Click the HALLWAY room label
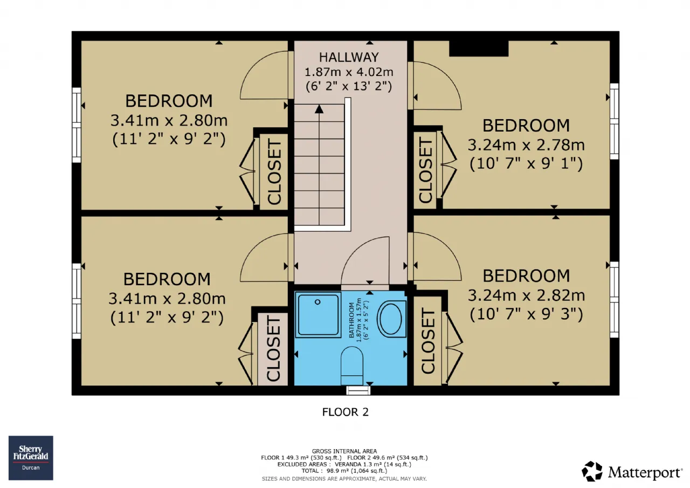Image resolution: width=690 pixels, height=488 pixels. [349, 57]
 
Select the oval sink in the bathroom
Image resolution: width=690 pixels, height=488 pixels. [391, 319]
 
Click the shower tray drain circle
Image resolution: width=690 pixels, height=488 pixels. [318, 302]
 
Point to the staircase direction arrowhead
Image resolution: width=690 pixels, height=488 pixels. [319, 109]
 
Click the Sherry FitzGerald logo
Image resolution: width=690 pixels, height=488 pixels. [31, 458]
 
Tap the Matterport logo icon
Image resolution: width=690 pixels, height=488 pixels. [592, 471]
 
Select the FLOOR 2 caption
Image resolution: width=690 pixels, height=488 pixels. [346, 412]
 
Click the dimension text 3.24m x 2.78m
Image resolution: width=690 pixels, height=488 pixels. [526, 145]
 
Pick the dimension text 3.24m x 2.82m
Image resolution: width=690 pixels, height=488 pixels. [526, 295]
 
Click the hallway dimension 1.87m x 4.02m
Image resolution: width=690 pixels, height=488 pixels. [349, 72]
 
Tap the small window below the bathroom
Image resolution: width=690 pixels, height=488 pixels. [358, 390]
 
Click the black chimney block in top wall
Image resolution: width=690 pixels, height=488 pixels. [479, 49]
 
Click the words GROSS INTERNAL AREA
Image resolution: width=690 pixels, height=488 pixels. [344, 451]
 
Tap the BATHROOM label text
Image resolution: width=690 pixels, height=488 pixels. [351, 320]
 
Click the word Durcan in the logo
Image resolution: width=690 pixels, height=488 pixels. [31, 468]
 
